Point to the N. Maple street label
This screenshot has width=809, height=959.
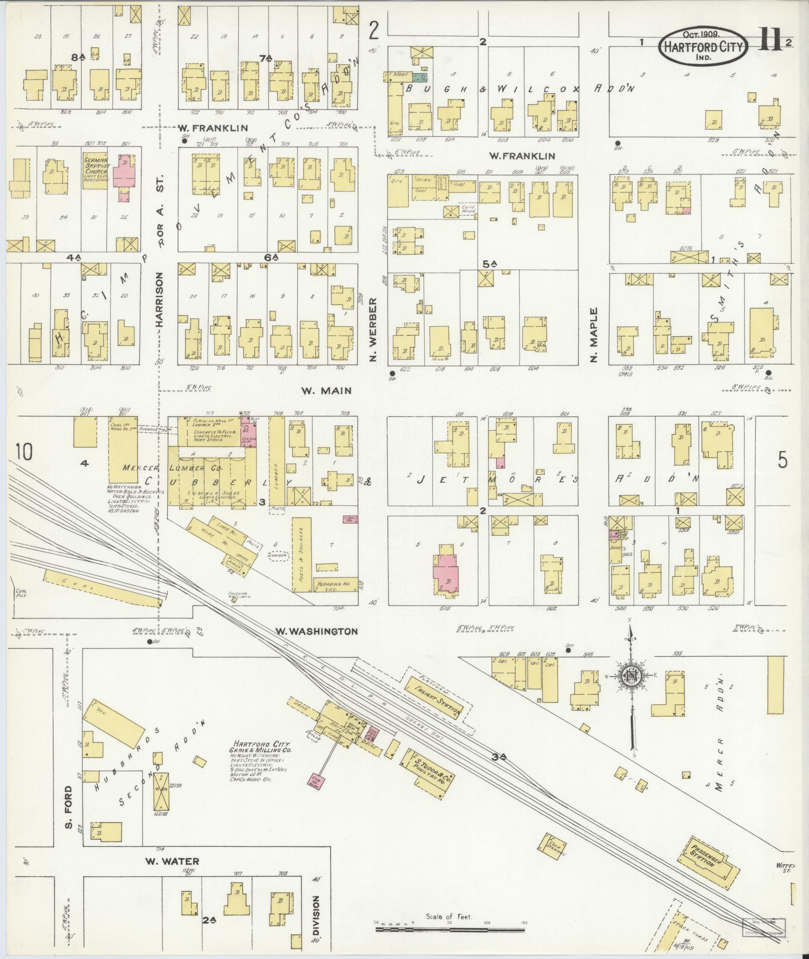594,334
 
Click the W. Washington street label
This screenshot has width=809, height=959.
315,631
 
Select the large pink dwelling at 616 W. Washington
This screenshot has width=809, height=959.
445,568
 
